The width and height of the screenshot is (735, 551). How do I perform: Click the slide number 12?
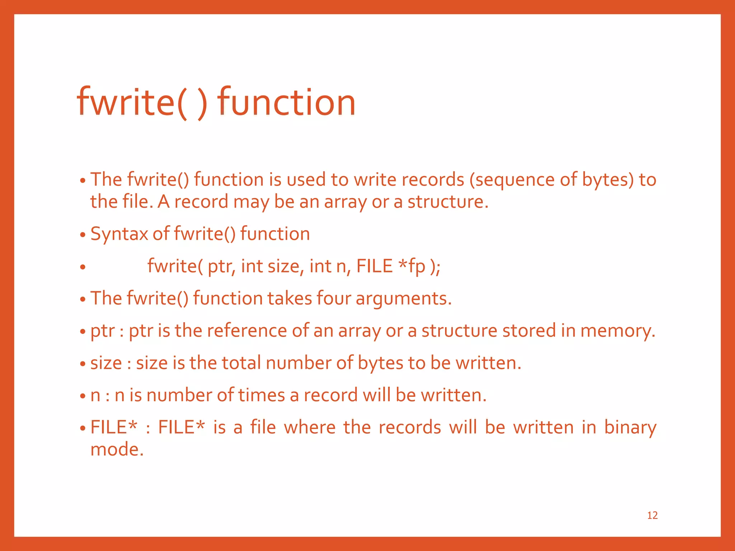coord(652,515)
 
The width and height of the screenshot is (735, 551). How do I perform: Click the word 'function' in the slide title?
coord(286,102)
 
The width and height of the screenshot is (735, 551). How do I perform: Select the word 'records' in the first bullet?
coord(433,179)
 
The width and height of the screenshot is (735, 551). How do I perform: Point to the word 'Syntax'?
coord(119,234)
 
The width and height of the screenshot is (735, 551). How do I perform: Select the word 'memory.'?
coord(618,331)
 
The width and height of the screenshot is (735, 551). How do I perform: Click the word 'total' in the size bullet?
coord(241,363)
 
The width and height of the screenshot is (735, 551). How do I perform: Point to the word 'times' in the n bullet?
coord(261,395)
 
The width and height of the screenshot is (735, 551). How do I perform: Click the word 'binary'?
coord(630,428)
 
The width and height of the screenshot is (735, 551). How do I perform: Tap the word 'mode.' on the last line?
coord(117,449)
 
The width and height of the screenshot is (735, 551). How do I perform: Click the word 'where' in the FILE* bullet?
coord(310,427)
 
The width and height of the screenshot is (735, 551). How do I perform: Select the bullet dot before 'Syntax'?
coord(83,235)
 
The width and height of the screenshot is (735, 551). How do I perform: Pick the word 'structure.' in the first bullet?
coord(448,202)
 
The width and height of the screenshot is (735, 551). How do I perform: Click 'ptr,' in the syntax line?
coord(221,267)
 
